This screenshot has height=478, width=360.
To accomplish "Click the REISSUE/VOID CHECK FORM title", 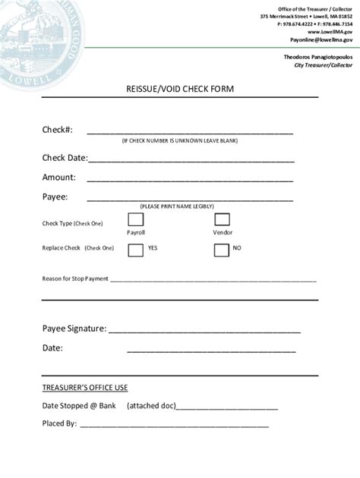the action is (x=180, y=89).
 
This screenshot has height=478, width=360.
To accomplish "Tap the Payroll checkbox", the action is (x=135, y=219).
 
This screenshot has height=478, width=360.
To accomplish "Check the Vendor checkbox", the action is (x=222, y=219).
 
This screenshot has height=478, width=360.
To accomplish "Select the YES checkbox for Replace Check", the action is (x=135, y=249).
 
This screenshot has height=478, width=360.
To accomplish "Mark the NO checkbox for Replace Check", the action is (x=222, y=249).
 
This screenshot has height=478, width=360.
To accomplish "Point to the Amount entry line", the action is (x=190, y=181).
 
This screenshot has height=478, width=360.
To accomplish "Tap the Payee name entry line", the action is (x=190, y=200).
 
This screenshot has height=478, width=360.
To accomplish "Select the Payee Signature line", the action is (x=204, y=332).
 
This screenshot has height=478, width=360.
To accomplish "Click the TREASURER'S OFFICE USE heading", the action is (x=84, y=388).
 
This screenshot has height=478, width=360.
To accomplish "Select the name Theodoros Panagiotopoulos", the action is (x=317, y=58).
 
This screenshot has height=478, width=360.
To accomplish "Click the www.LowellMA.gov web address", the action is (x=330, y=33).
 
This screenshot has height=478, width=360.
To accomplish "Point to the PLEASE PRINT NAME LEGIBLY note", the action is (x=177, y=206).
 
